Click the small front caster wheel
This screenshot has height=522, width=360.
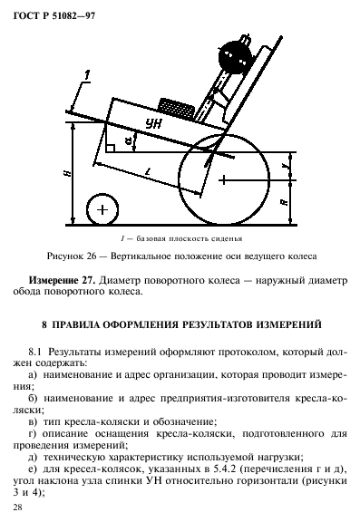point(102,209)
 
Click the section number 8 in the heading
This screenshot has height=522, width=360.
point(42,323)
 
